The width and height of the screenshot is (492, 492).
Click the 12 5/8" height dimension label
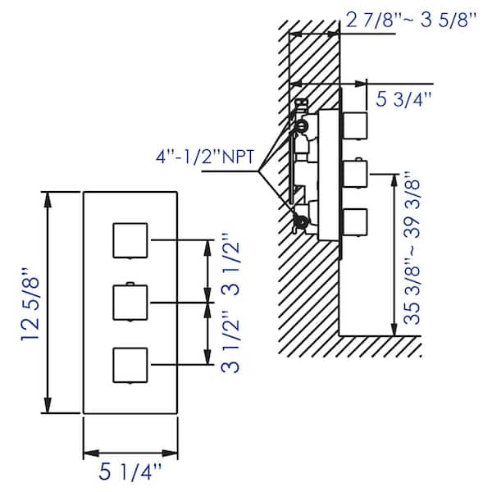click(x=31, y=304)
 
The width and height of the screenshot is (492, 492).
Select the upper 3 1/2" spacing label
click(x=230, y=263)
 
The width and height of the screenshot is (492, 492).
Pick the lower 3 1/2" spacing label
click(x=230, y=342)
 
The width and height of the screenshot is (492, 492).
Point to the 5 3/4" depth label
click(x=403, y=99)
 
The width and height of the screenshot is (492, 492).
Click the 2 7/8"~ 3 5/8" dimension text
click(x=411, y=20)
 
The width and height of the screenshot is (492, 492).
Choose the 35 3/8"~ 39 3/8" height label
click(x=412, y=248)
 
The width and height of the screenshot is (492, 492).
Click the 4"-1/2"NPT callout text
click(x=205, y=157)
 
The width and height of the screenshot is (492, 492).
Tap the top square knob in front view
click(x=130, y=240)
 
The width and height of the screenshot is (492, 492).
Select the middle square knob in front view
click(x=130, y=302)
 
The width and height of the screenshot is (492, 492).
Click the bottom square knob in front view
click(x=130, y=365)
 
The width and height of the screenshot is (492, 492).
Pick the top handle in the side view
click(x=356, y=125)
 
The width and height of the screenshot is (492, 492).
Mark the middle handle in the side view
click(x=356, y=173)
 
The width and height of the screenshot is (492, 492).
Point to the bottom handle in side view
click(x=356, y=222)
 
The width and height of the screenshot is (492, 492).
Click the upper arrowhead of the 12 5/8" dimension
click(x=48, y=199)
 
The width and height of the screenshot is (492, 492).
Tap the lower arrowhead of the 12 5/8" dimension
click(x=48, y=406)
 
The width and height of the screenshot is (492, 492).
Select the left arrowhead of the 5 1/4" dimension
click(x=91, y=453)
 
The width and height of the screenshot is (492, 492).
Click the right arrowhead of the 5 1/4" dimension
click(x=170, y=453)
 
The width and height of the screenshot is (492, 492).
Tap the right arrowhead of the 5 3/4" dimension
click(x=359, y=84)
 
